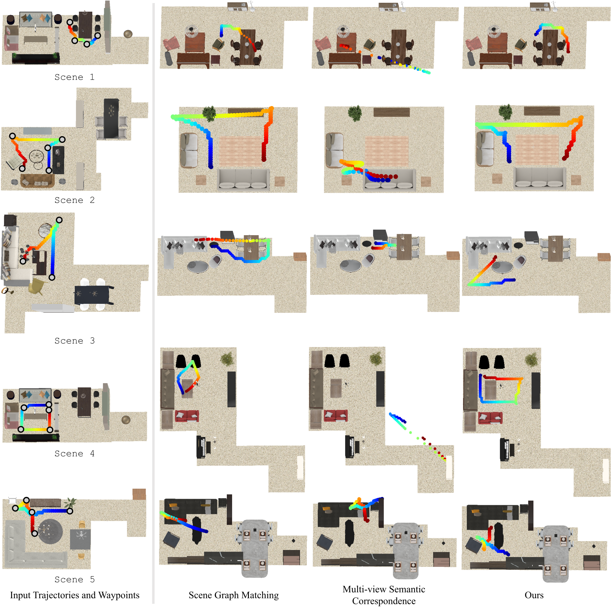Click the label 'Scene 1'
tap(74, 77)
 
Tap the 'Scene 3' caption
tap(74, 341)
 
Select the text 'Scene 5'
tap(74, 579)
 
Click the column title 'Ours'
tap(534, 595)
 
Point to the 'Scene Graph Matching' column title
tap(234, 595)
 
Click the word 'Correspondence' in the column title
tap(384, 601)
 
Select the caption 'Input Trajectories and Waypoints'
tap(74, 595)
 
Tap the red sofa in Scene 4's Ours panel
tap(490, 418)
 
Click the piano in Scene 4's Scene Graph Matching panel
tap(204, 447)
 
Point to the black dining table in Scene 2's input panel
tap(111, 118)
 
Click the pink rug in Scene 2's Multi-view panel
tap(387, 151)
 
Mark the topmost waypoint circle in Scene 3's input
tap(59, 220)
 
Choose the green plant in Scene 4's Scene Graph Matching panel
tap(227, 359)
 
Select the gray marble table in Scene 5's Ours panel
tap(556, 554)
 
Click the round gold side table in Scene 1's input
tap(128, 34)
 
